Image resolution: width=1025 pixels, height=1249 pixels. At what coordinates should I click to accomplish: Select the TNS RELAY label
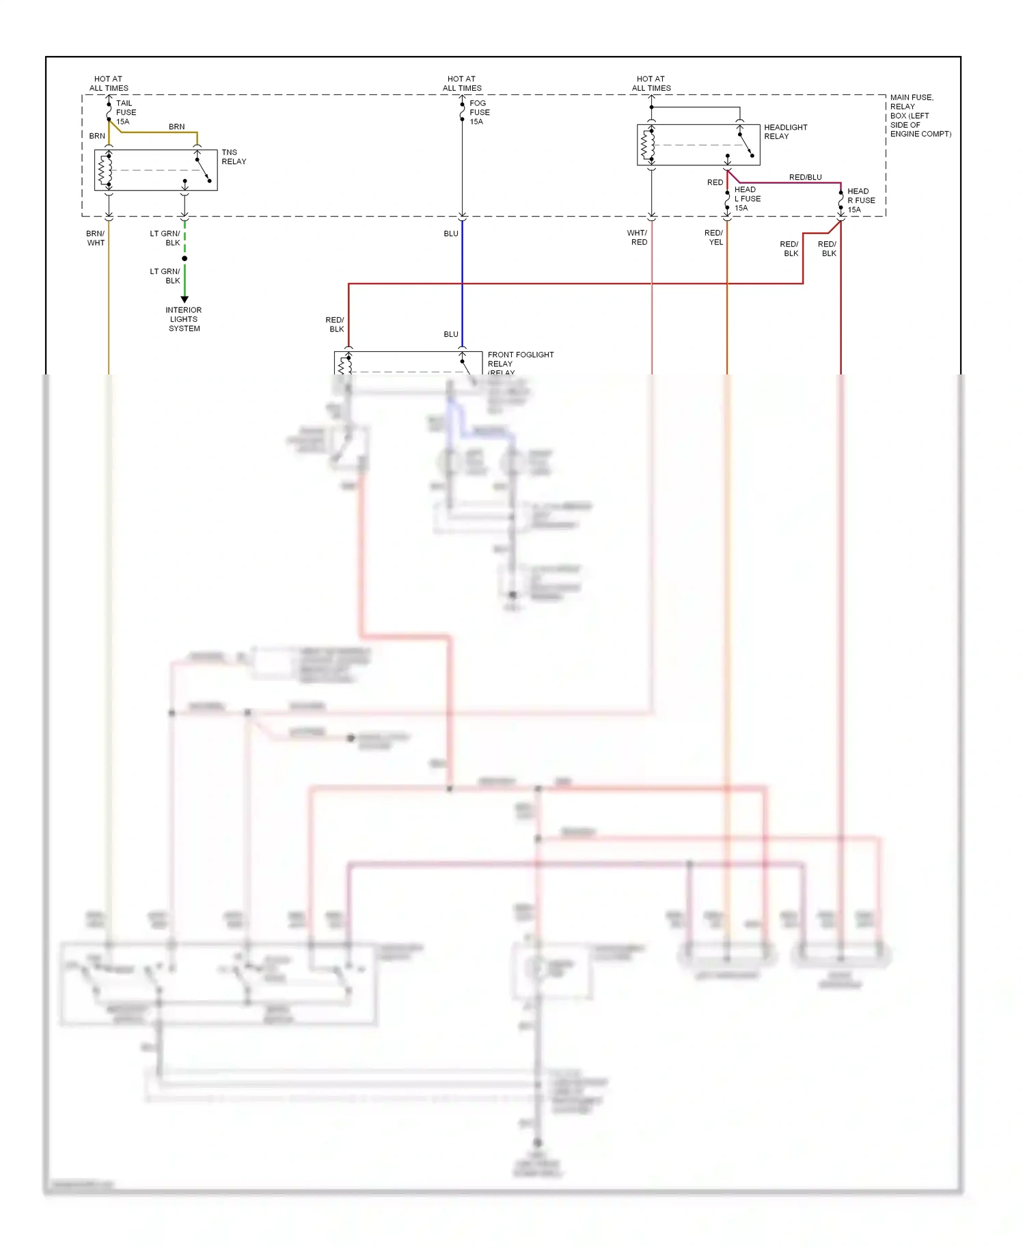pyautogui.click(x=233, y=157)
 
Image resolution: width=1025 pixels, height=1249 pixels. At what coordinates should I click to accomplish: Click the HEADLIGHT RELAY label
pyautogui.click(x=785, y=132)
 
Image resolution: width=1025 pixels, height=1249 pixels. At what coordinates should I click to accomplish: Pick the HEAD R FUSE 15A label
pyautogui.click(x=860, y=200)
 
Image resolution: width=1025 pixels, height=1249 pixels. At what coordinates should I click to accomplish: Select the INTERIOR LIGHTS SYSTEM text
pyautogui.click(x=184, y=319)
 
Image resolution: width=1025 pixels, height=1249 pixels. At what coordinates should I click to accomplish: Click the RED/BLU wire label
pyautogui.click(x=805, y=177)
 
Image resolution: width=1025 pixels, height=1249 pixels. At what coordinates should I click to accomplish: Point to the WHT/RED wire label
pyautogui.click(x=638, y=238)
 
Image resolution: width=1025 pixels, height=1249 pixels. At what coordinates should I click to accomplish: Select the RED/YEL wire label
pyautogui.click(x=714, y=238)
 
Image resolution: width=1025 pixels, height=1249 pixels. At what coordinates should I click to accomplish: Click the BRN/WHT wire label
pyautogui.click(x=96, y=238)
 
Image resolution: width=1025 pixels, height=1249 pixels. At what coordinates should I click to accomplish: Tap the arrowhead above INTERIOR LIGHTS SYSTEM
pyautogui.click(x=184, y=299)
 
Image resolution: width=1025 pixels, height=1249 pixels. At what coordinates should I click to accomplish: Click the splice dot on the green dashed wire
pyautogui.click(x=184, y=258)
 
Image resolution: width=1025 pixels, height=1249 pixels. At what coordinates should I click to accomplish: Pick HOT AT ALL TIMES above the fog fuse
pyautogui.click(x=462, y=83)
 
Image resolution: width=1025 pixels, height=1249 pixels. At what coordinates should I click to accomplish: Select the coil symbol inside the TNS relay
pyautogui.click(x=105, y=170)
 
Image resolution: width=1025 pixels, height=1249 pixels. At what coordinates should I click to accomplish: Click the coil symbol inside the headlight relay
pyautogui.click(x=647, y=145)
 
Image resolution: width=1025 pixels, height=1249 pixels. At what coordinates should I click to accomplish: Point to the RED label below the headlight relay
pyautogui.click(x=715, y=182)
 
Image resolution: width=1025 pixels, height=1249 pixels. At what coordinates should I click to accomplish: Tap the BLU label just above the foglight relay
pyautogui.click(x=451, y=334)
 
